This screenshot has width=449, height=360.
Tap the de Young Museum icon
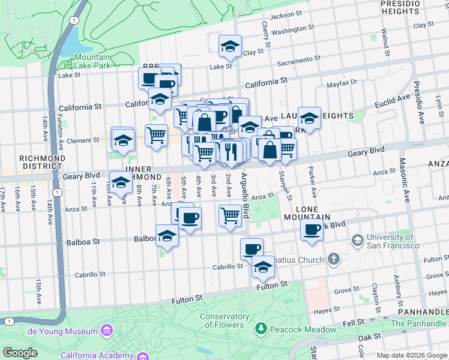tap(107, 331)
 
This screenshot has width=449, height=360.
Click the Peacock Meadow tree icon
tap(261, 329)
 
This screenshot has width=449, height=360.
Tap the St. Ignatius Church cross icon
tap(334, 260)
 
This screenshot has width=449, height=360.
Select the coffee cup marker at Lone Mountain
tap(312, 229)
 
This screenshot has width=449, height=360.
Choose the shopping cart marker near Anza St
tap(230, 215)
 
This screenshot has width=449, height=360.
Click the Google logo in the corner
tap(20, 353)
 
